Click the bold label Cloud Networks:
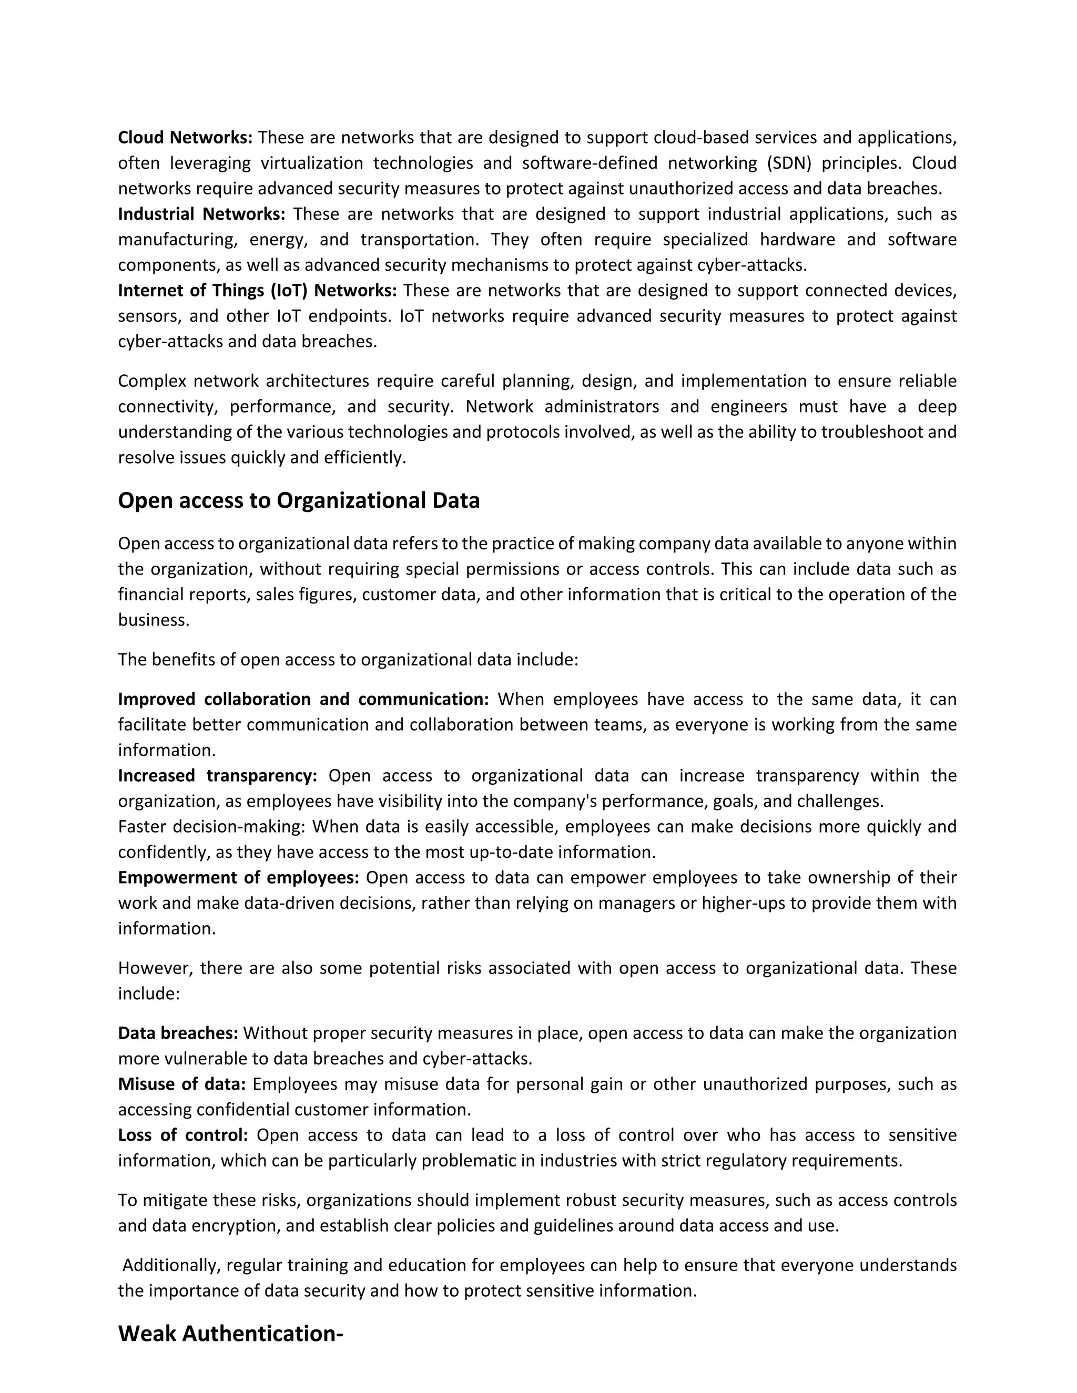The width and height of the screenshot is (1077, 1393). (185, 138)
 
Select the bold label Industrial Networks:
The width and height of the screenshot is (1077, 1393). (201, 214)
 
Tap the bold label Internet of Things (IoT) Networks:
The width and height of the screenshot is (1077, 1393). (257, 291)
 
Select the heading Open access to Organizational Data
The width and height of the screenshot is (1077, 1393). (299, 500)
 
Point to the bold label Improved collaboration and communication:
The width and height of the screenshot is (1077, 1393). (303, 700)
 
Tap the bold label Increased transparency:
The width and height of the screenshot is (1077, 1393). (218, 776)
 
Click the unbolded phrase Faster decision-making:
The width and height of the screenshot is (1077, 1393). (212, 827)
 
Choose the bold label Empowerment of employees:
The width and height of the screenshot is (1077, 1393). (239, 878)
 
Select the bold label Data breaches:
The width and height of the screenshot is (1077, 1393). (178, 1033)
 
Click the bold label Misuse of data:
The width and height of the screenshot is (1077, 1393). (182, 1084)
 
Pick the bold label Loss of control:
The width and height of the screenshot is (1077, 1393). (183, 1135)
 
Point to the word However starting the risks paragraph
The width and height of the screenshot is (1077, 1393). (155, 968)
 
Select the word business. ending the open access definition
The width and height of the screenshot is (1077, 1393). (154, 620)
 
